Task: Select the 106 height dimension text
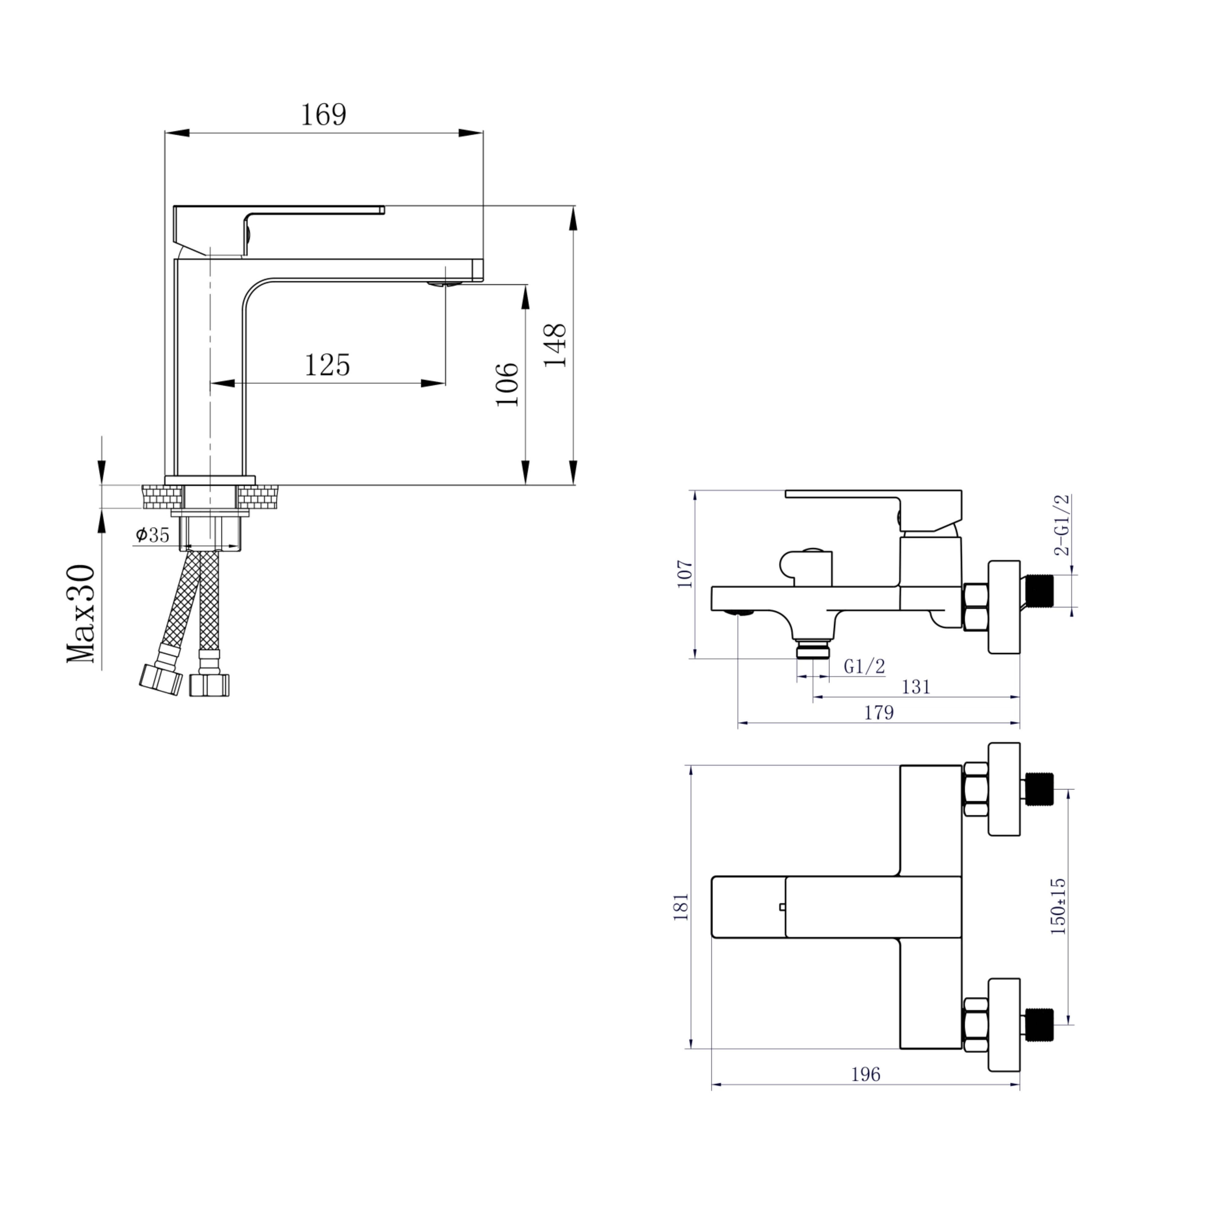pyautogui.click(x=507, y=384)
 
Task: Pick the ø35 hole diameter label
pyautogui.click(x=152, y=535)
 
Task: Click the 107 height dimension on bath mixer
pyautogui.click(x=685, y=574)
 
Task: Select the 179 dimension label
pyautogui.click(x=879, y=713)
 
